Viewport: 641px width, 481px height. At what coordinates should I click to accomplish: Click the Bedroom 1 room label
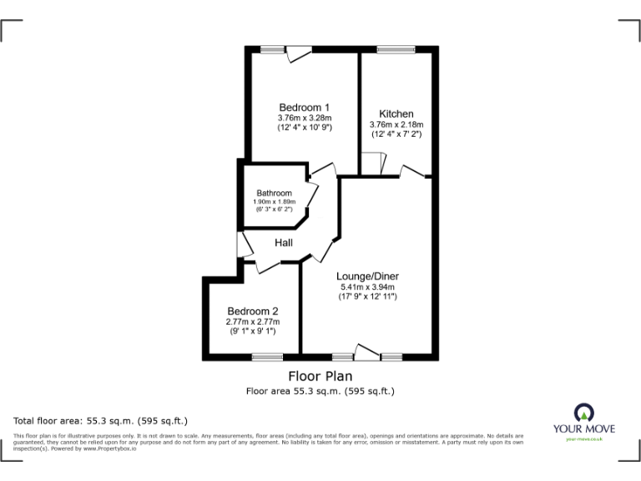click(x=305, y=107)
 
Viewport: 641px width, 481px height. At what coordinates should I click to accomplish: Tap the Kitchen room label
click(x=396, y=114)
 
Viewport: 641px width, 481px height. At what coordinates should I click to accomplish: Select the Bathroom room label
click(x=274, y=193)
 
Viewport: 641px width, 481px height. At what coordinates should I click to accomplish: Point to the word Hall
click(x=284, y=243)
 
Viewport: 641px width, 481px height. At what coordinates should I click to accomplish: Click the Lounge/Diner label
click(x=367, y=276)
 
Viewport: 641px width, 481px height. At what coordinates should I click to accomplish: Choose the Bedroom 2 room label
click(x=252, y=311)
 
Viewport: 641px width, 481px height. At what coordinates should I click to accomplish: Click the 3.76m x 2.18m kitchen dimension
click(x=396, y=124)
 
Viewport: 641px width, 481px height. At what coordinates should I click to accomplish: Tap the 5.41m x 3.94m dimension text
click(x=367, y=287)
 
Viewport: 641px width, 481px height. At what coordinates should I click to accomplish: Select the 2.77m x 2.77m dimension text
click(x=252, y=322)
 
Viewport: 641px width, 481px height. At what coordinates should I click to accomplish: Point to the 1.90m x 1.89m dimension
click(x=274, y=202)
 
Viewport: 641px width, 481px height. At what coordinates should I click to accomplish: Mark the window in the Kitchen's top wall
click(x=388, y=50)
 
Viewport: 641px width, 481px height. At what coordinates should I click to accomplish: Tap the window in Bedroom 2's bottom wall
click(x=267, y=357)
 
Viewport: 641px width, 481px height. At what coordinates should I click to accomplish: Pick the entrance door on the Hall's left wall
click(x=243, y=245)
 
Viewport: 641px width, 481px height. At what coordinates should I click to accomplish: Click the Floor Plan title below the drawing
click(x=320, y=376)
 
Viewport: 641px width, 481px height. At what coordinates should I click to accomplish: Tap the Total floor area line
click(x=100, y=420)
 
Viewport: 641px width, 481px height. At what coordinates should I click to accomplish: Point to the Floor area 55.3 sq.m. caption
click(x=320, y=391)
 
